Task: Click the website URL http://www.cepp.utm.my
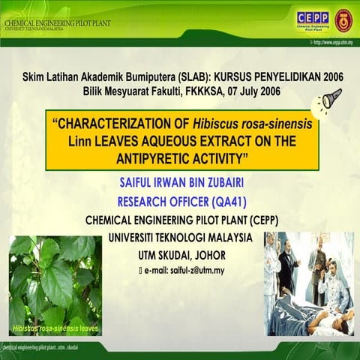pyautogui.click(x=328, y=43)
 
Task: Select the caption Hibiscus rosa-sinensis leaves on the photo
pyautogui.click(x=55, y=329)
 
